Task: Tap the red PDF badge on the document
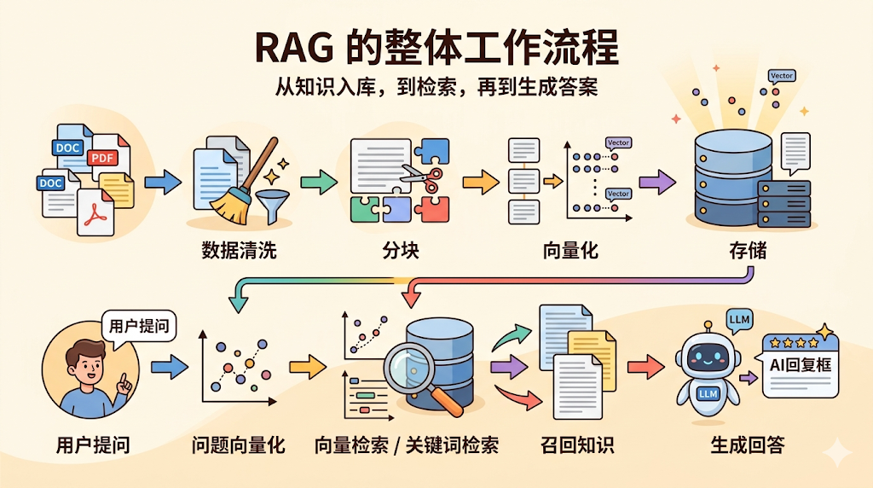[103, 158]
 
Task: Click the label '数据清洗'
[239, 251]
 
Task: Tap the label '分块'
[401, 251]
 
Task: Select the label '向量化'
[570, 251]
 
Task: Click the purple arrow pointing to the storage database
[656, 181]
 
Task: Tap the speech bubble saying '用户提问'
[139, 326]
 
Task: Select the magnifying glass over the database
[408, 369]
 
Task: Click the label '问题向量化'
[238, 444]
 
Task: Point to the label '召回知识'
[577, 444]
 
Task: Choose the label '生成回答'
[748, 444]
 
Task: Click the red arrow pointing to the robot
[645, 367]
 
